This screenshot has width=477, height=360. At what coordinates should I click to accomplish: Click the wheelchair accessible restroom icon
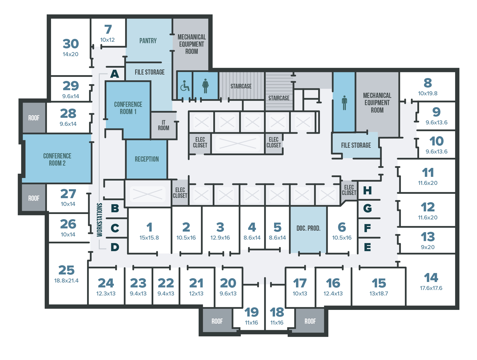pos(184,86)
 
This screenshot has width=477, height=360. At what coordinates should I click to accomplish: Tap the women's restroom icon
pos(205,86)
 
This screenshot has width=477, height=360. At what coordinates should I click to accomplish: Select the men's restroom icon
pos(344,103)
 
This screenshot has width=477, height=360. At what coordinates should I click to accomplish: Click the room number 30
pos(71,44)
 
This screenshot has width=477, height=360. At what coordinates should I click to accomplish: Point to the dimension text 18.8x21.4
pos(66,281)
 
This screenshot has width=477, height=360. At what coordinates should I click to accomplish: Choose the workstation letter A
pos(114,74)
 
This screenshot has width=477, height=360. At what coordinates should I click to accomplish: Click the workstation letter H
pos(367,190)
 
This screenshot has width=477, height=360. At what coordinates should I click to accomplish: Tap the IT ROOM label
pos(163,125)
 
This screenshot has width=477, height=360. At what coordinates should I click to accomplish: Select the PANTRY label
pos(148,41)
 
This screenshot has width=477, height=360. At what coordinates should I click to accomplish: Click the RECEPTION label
pos(147,159)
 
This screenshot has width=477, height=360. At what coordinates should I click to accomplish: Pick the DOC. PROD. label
pos(308,228)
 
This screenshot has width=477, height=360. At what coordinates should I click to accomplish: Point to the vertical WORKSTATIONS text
pos(99,220)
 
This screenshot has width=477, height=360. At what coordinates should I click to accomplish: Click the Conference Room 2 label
pos(57,159)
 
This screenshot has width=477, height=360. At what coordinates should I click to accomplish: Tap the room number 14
pos(431,278)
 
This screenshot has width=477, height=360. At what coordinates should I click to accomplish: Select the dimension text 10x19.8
pos(428,93)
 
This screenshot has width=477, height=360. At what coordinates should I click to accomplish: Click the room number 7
pos(108,29)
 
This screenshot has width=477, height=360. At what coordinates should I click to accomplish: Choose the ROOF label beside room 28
pos(34,118)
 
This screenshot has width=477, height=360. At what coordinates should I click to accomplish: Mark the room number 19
pos(251,312)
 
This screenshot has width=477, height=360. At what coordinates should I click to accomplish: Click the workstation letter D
pos(115,247)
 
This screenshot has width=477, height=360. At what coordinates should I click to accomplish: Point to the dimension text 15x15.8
pos(149,238)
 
